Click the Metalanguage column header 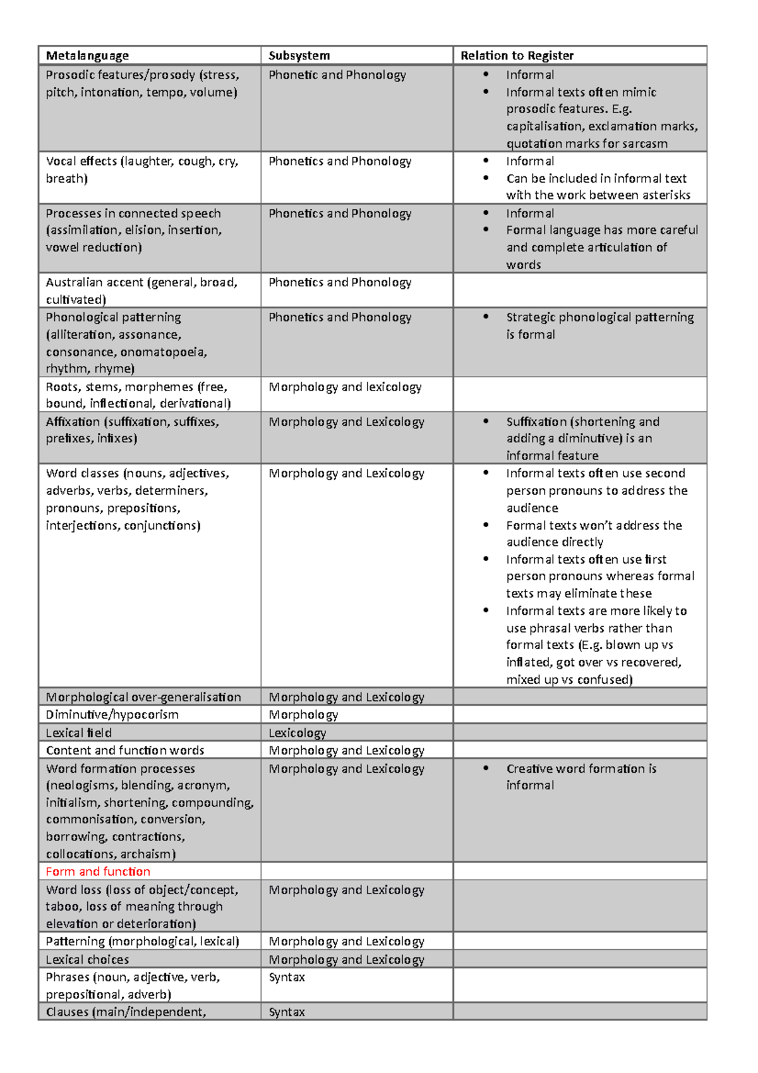(x=87, y=56)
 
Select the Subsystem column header (x=299, y=56)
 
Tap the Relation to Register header (x=517, y=56)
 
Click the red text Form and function (x=98, y=871)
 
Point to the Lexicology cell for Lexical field (x=297, y=733)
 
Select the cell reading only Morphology (x=303, y=715)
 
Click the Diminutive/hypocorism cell (x=112, y=715)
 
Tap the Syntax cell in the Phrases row (x=287, y=978)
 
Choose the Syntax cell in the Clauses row (x=287, y=1012)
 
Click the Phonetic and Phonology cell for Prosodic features (x=337, y=75)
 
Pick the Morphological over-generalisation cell (x=143, y=697)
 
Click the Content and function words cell (x=124, y=751)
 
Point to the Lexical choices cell (x=87, y=960)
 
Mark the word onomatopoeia (x=164, y=352)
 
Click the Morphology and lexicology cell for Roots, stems (x=345, y=387)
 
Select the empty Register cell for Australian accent (x=579, y=290)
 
